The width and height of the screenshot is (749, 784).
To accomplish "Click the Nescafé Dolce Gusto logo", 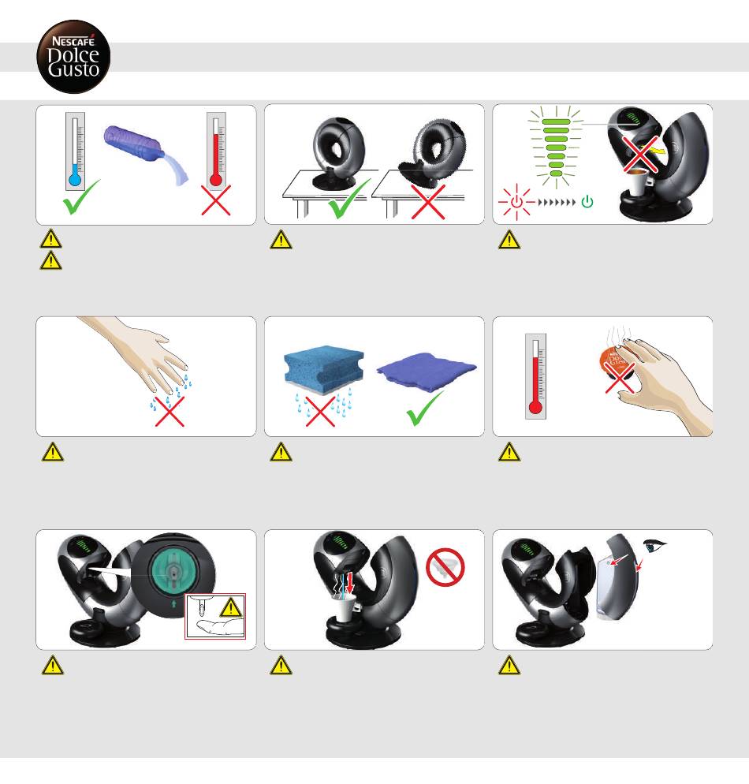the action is (x=73, y=57).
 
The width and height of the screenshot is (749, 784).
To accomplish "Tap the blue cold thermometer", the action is (x=75, y=151).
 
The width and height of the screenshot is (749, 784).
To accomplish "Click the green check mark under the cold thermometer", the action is (x=81, y=197).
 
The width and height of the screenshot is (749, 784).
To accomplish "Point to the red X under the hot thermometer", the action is (x=216, y=200).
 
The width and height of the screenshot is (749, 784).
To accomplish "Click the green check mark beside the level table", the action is (x=349, y=199).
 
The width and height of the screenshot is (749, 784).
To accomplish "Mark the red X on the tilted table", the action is (x=428, y=202).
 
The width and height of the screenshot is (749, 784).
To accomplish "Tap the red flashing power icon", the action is (x=516, y=202).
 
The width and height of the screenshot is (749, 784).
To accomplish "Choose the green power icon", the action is (x=587, y=201).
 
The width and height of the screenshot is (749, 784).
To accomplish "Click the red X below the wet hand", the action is (x=170, y=412).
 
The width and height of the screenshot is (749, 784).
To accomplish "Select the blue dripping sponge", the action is (x=324, y=364).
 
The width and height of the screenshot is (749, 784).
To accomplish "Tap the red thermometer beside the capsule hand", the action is (x=535, y=376).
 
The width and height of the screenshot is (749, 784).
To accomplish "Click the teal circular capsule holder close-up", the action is (x=173, y=573).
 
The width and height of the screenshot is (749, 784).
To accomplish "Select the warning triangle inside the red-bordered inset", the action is (x=231, y=607).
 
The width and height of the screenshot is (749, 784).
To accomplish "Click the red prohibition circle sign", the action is (x=445, y=568).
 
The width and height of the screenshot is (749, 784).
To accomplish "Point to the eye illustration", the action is (x=654, y=546).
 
